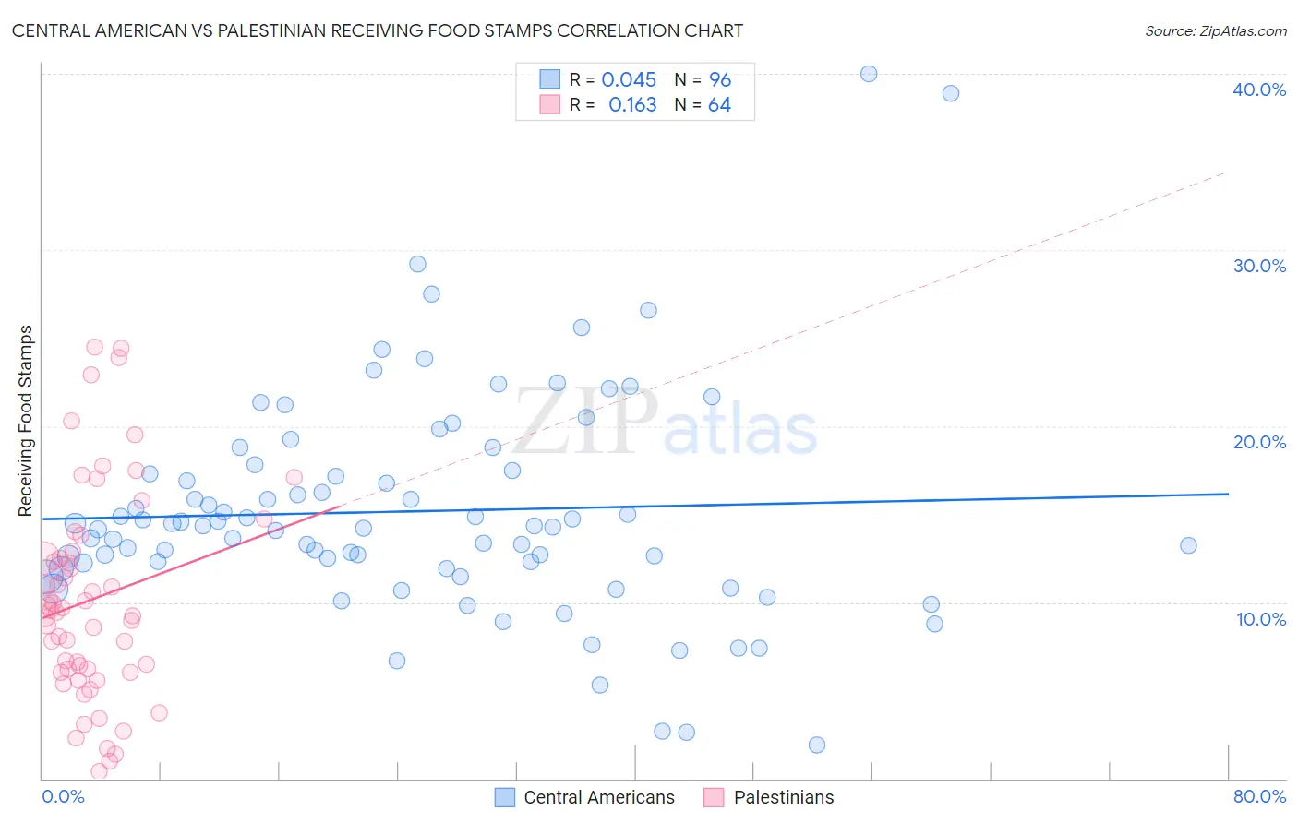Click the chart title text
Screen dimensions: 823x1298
click(378, 31)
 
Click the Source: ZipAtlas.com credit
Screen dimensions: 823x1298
click(1215, 31)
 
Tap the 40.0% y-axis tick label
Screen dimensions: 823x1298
click(1259, 89)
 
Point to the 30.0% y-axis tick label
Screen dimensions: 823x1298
click(1259, 266)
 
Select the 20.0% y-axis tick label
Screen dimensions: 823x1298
click(1259, 442)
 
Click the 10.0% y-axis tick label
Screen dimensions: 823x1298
click(1260, 619)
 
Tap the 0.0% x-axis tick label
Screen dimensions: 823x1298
click(63, 796)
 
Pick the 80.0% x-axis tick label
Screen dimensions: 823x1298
click(1259, 796)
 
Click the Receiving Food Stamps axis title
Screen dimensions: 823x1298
click(26, 421)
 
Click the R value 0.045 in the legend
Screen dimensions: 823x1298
click(629, 80)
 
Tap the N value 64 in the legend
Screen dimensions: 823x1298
click(719, 105)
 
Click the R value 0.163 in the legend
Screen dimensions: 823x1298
click(632, 105)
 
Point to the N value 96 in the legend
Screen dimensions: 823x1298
click(720, 80)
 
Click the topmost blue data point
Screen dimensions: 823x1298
click(869, 74)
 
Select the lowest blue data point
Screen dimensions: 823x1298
click(817, 745)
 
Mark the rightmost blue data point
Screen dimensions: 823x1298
click(1188, 545)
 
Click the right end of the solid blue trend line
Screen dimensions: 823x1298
click(1228, 494)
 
